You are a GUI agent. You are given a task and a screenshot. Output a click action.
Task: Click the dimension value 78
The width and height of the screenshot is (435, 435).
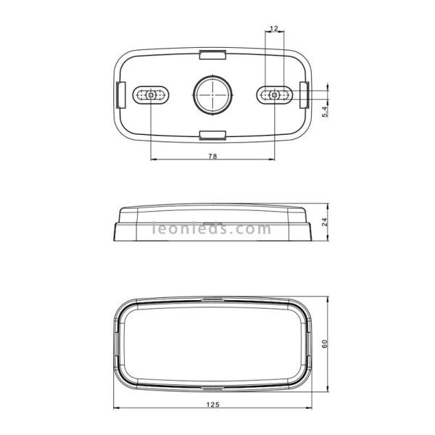click(213, 154)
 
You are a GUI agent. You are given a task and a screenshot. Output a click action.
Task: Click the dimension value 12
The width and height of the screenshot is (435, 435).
click(273, 28)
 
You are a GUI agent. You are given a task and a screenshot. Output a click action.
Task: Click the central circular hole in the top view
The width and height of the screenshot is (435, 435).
click(212, 94)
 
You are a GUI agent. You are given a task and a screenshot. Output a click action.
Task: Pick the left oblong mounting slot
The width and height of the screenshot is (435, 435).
click(152, 94)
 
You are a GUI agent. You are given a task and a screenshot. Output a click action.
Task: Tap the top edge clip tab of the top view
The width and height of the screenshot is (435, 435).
click(212, 54)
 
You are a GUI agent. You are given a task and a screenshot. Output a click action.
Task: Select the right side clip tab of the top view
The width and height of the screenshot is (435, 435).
click(304, 94)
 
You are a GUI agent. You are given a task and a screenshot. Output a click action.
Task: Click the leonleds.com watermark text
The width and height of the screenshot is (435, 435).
click(212, 230)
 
